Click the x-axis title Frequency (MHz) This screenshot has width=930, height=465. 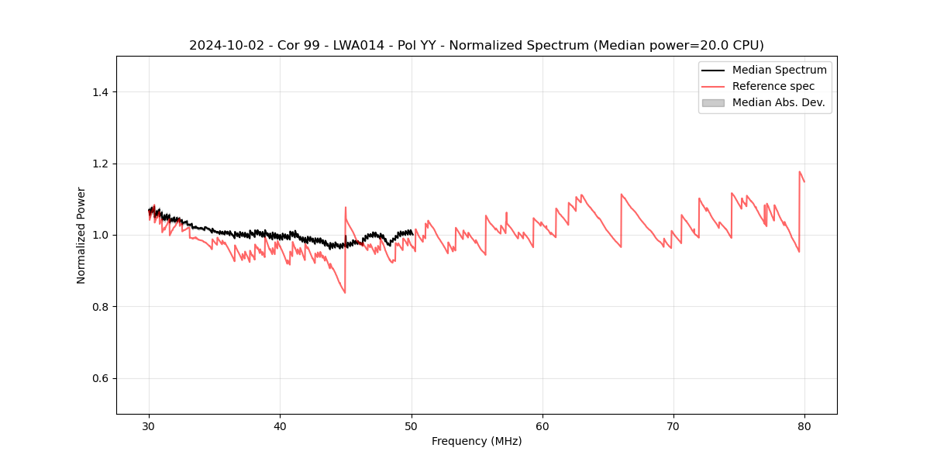point(477,441)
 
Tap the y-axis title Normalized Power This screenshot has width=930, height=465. point(81,235)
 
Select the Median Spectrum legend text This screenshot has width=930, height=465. point(779,70)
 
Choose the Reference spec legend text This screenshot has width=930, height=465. point(773,86)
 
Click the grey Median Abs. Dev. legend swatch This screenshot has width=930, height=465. point(713,102)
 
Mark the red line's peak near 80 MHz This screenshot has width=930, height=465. point(799,172)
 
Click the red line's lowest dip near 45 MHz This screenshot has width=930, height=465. point(345,292)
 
